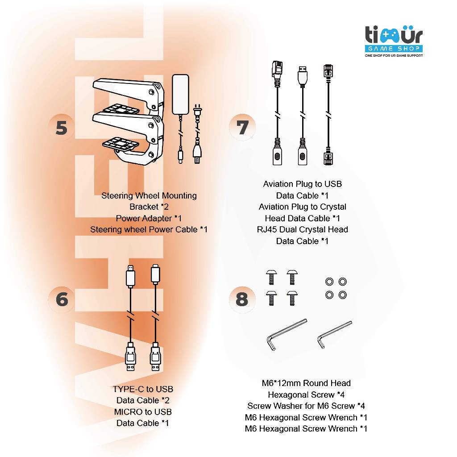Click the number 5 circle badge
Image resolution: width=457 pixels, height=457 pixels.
[x=62, y=128]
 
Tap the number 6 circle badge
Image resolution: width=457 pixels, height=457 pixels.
[x=62, y=299]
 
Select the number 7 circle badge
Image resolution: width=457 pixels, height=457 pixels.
[x=242, y=127]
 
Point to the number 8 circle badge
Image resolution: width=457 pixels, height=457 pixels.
[x=242, y=299]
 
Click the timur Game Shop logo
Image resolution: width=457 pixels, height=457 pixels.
[x=394, y=41]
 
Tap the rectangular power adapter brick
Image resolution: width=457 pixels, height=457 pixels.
[x=181, y=94]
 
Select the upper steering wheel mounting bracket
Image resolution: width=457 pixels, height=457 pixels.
[x=129, y=96]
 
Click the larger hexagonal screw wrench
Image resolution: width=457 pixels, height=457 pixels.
[x=286, y=334]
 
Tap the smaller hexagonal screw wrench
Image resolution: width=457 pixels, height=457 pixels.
[x=334, y=334]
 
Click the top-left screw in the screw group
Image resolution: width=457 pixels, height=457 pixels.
[x=271, y=277]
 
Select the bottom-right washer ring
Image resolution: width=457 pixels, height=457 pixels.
[x=343, y=295]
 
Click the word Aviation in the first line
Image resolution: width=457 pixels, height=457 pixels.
[x=278, y=184]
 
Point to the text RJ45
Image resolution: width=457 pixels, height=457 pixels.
[x=267, y=229]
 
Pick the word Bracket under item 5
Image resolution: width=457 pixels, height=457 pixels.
[x=144, y=207]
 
